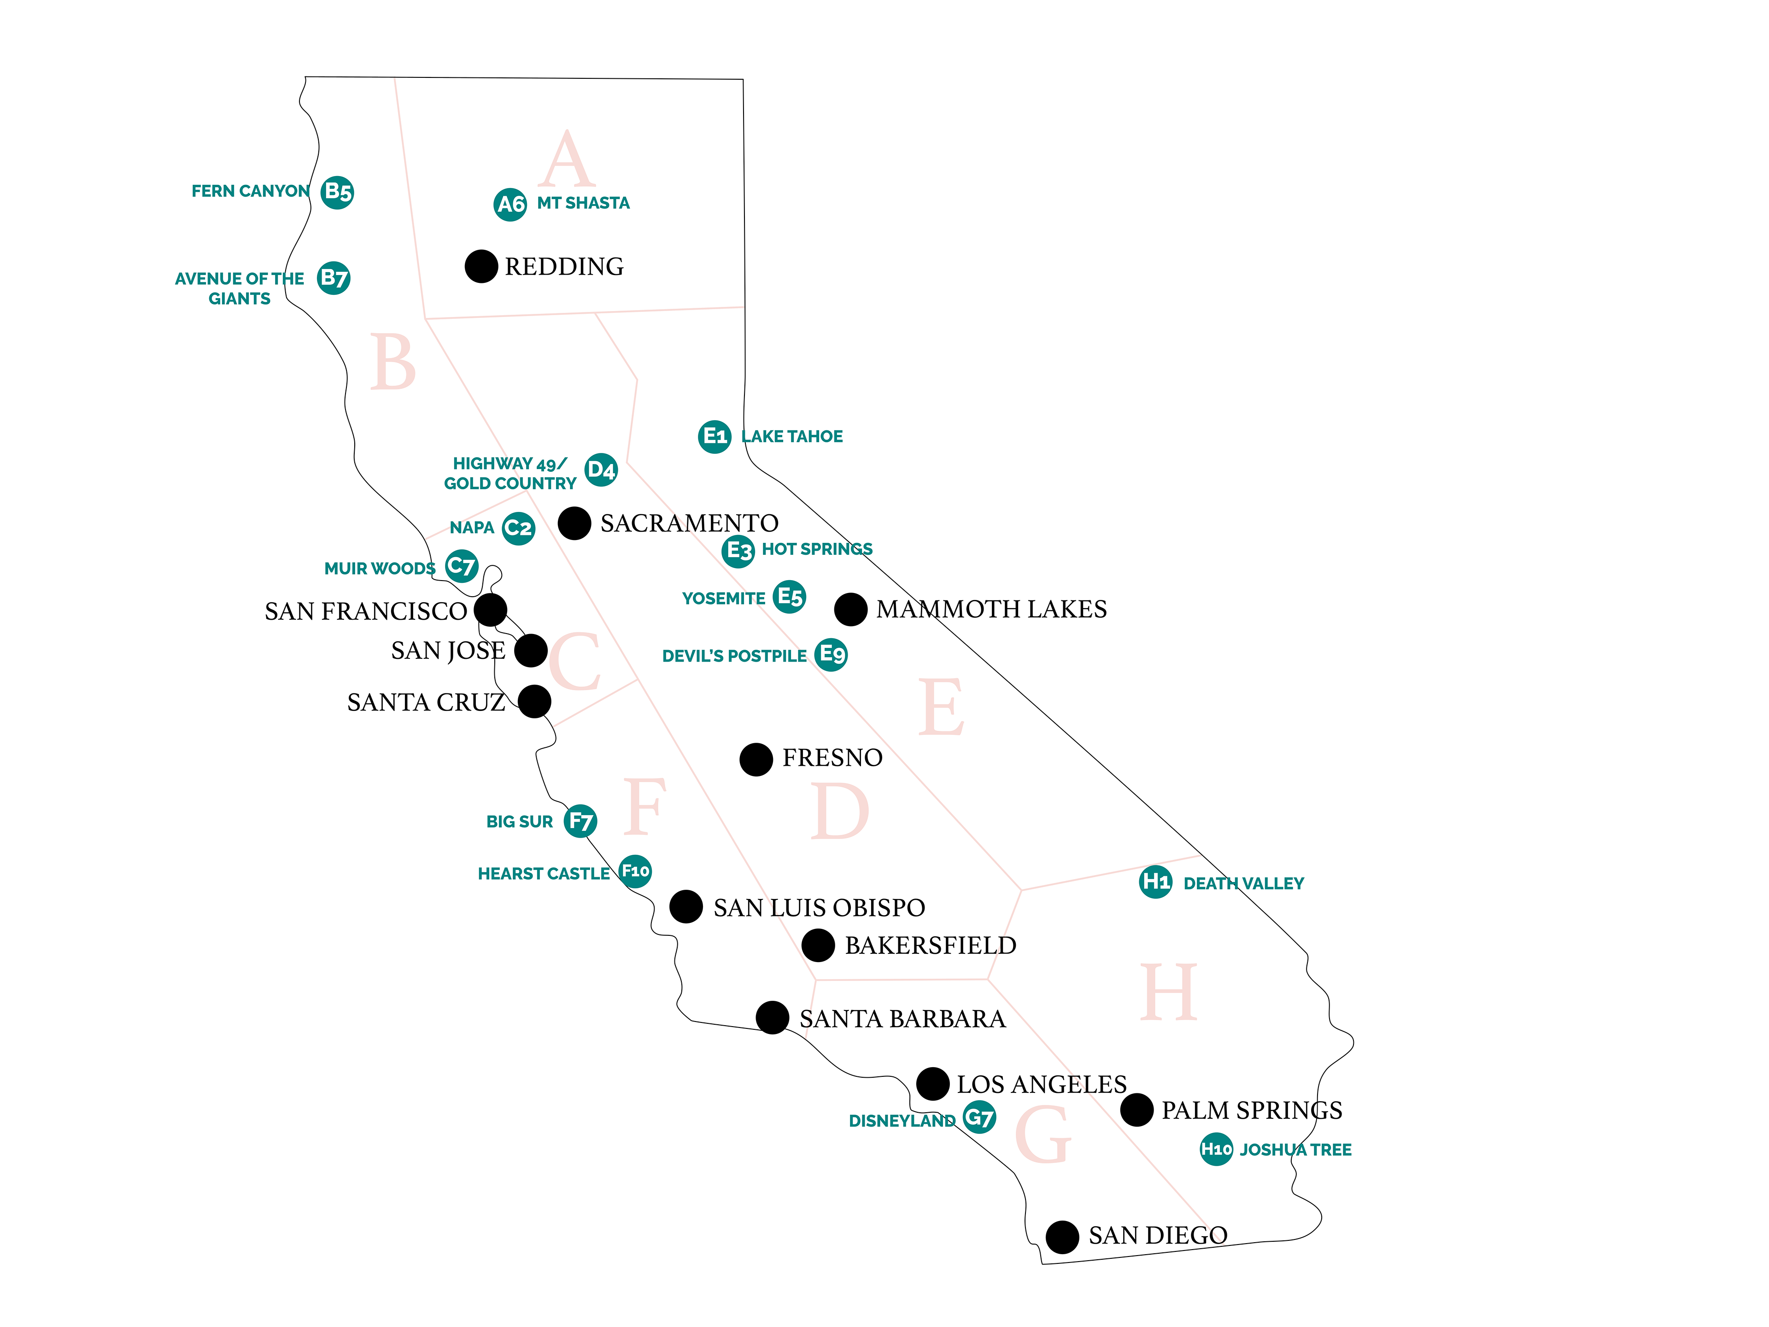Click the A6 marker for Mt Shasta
tap(510, 205)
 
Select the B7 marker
tap(334, 278)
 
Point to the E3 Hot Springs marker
tap(738, 551)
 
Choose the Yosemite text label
tap(723, 599)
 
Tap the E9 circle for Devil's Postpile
tap(832, 654)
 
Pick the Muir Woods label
tap(380, 569)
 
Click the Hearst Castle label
tap(544, 874)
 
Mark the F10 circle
tap(636, 871)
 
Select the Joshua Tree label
tap(1295, 1150)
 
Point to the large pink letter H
tap(1168, 992)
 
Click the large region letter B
tap(392, 362)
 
